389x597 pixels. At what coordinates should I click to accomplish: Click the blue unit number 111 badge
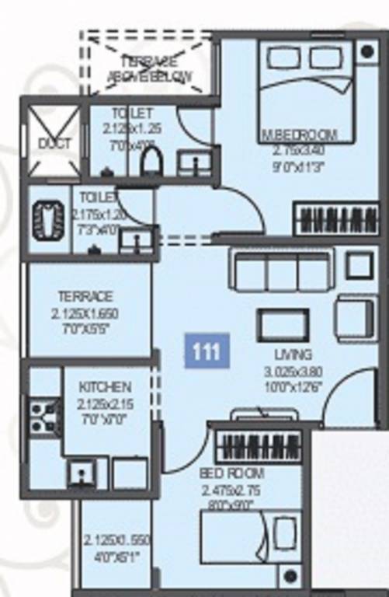coord(207,351)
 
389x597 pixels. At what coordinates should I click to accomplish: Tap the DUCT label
coord(54,143)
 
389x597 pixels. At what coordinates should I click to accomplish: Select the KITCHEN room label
coord(105,387)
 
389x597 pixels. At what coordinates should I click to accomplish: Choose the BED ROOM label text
coord(231,473)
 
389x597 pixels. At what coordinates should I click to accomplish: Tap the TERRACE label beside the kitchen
coord(85,296)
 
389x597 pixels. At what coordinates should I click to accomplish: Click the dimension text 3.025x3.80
coord(293,371)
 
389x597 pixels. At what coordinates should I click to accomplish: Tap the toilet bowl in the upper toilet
coord(151,161)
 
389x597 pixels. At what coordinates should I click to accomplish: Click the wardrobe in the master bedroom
coord(335,219)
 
